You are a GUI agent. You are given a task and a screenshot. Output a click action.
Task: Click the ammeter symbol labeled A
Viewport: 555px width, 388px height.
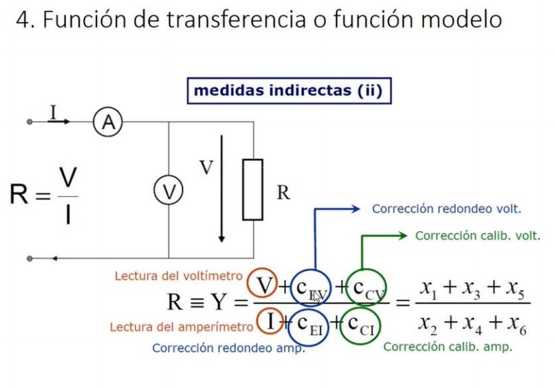(107, 122)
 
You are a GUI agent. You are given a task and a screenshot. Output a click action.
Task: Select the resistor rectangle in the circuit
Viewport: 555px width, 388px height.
(252, 189)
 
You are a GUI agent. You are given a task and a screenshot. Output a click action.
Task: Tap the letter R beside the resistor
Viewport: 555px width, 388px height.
(283, 193)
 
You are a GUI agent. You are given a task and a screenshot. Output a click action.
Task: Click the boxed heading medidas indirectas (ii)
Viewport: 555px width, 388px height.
(288, 91)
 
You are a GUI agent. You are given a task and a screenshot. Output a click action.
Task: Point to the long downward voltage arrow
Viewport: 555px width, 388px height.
(221, 189)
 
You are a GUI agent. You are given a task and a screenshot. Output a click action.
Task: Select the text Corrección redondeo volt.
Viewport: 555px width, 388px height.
(446, 208)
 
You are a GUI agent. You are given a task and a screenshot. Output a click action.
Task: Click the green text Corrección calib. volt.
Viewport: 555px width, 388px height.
(478, 236)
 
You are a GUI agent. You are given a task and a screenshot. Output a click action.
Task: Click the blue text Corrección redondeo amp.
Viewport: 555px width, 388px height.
(228, 348)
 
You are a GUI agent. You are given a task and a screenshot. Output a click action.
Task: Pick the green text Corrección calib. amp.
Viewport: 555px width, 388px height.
(447, 347)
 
